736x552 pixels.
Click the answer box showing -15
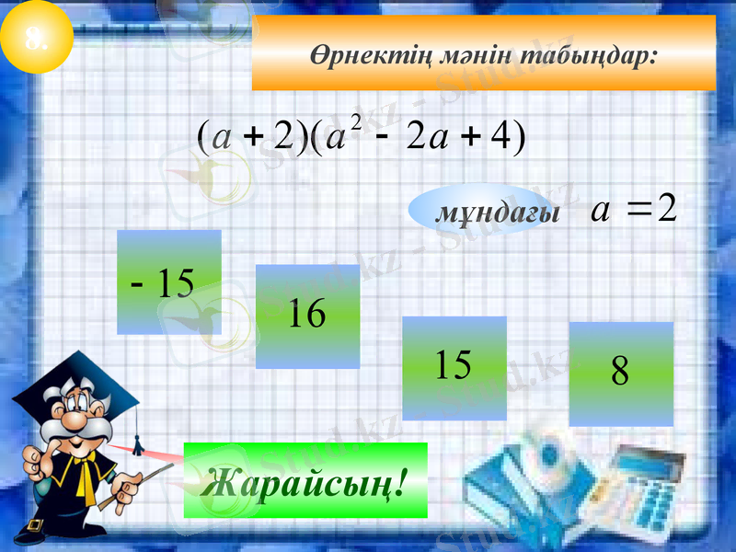point(169,282)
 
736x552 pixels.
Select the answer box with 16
point(307,316)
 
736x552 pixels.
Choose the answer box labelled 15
point(454,368)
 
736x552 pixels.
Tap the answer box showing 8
point(621,374)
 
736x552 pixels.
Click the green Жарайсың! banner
point(305,480)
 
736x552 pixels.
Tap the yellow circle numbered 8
point(37,37)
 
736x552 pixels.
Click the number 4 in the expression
point(500,138)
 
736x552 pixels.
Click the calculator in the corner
point(644,488)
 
